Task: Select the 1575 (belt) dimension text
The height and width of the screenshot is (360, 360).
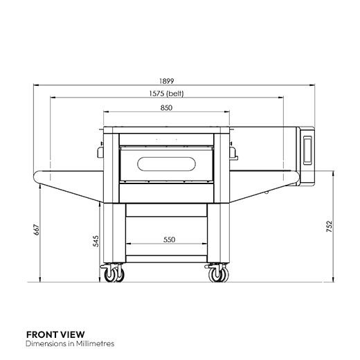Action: [x=165, y=93]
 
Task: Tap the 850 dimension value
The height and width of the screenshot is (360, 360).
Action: [x=166, y=107]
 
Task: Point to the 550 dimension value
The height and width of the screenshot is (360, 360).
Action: [x=169, y=240]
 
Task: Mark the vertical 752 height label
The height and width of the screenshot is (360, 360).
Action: [x=330, y=226]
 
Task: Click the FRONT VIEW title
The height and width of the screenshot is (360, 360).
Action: [x=50, y=334]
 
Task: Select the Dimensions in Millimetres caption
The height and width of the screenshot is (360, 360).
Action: [x=69, y=343]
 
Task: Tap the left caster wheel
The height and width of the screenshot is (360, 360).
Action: [x=111, y=277]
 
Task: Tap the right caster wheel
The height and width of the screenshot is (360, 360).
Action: [x=217, y=277]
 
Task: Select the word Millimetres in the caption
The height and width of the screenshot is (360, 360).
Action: [x=95, y=343]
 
